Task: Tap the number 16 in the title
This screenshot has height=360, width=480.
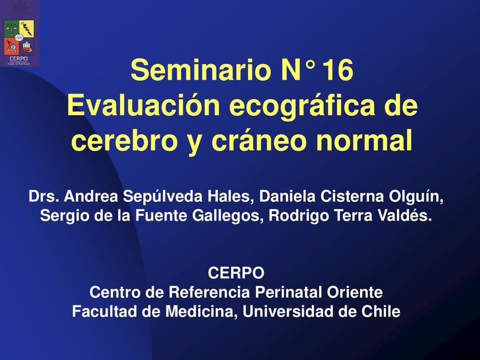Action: coord(338,71)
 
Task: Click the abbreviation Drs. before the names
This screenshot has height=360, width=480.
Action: coord(44,197)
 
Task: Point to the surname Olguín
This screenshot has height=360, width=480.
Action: coord(417,197)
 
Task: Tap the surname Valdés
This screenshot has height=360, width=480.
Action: coord(406,215)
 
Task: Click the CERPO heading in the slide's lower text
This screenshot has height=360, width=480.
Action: coord(236,273)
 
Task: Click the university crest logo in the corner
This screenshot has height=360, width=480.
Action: coord(19,34)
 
